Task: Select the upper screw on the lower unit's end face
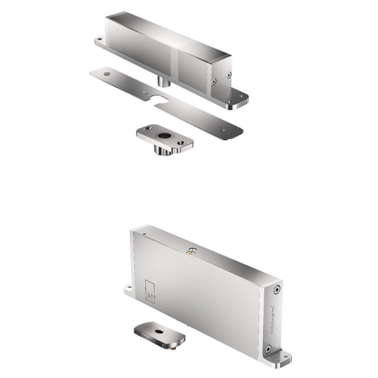277,290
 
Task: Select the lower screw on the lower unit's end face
269,348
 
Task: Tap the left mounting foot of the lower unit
129,290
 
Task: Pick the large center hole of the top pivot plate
164,135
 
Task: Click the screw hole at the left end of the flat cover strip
106,74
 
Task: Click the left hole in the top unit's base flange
100,40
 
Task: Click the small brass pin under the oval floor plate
168,346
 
